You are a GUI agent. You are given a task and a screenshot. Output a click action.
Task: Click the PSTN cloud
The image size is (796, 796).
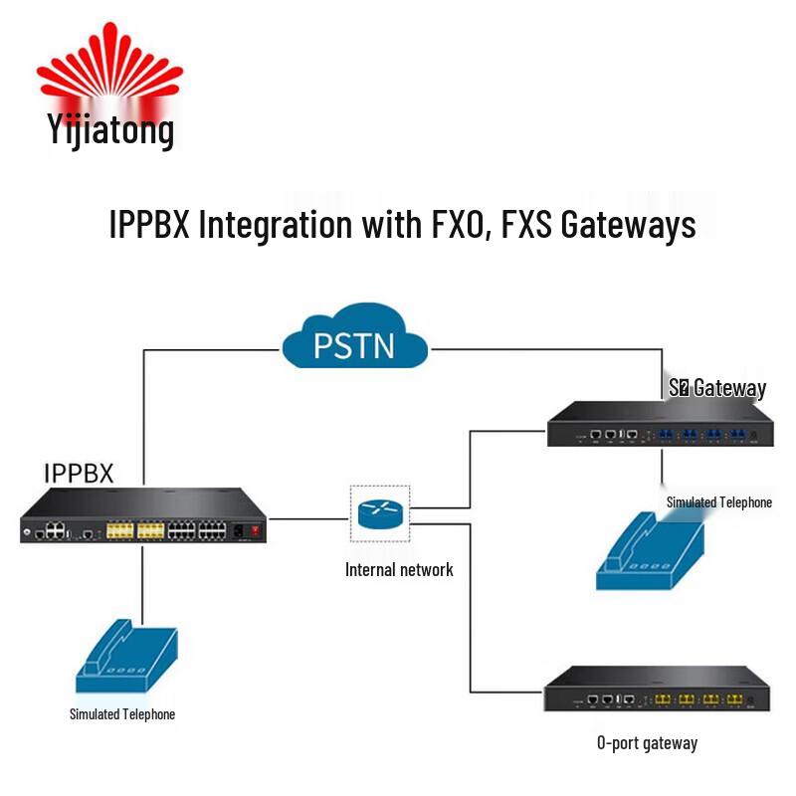point(354,344)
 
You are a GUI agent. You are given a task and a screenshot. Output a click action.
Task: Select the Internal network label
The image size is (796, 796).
point(399,570)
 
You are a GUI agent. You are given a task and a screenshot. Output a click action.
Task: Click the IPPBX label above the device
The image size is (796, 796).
point(79,472)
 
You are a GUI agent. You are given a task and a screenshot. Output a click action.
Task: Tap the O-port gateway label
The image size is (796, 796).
point(647,743)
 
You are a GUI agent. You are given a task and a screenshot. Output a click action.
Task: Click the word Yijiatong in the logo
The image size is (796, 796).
point(110,128)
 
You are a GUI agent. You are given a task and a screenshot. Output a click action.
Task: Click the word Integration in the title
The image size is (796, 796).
point(276,223)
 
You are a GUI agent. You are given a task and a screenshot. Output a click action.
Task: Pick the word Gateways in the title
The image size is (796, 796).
point(628,223)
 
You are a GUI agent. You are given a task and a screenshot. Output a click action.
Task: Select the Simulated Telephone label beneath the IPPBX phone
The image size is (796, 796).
point(122,714)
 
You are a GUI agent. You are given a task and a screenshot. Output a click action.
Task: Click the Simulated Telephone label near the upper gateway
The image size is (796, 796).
point(718,502)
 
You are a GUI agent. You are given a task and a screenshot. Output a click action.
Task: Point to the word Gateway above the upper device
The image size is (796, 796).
point(729,388)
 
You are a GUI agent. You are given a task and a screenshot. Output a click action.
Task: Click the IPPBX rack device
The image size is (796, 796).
point(145,517)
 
